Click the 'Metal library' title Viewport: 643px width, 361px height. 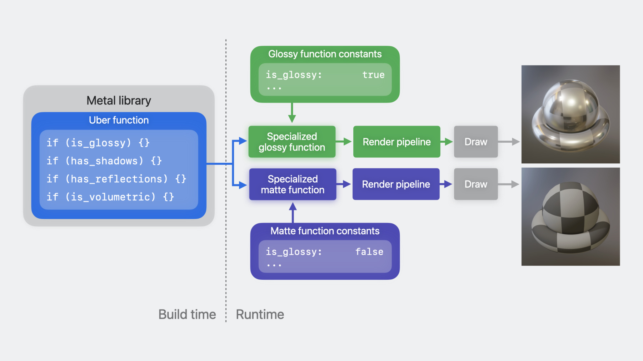pos(119,101)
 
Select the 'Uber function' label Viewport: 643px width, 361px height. pos(119,120)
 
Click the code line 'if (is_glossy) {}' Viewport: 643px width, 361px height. pos(98,143)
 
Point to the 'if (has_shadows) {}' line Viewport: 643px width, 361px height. pos(104,161)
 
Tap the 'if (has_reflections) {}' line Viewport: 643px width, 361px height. pos(116,179)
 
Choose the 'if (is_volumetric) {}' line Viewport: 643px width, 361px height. pos(110,197)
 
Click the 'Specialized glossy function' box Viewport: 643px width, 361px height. pos(292,142)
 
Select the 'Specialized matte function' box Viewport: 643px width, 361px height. pos(293,184)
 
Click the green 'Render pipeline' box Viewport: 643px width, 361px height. pos(397,142)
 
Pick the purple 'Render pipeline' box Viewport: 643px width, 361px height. pos(396,184)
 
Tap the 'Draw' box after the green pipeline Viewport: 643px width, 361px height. pos(476,142)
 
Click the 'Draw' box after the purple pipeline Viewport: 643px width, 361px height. pos(476,184)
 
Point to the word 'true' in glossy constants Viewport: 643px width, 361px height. pos(373,75)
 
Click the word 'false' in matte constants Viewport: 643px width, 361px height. pos(369,252)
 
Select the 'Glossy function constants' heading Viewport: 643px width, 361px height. pos(325,54)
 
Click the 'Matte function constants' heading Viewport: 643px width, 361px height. pos(325,231)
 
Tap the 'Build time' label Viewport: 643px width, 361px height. pos(187,315)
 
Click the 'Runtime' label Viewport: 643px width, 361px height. pos(260,315)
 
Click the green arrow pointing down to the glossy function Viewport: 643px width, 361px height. pos(292,113)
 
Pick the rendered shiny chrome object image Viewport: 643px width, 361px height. pos(570,114)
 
